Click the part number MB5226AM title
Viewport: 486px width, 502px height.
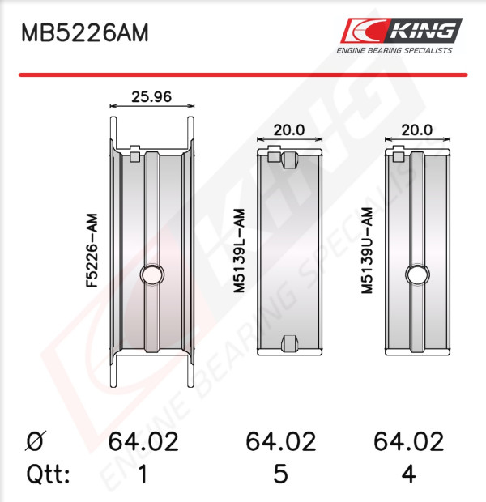point(85,32)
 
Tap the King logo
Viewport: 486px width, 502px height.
point(401,31)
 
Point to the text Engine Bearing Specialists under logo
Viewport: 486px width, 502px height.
point(394,50)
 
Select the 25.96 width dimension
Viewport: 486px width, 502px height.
point(151,96)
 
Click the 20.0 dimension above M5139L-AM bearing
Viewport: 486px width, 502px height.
point(289,130)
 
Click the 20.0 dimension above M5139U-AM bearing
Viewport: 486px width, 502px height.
point(417,130)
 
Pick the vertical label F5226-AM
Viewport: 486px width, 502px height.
point(92,251)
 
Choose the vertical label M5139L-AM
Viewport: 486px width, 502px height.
point(239,251)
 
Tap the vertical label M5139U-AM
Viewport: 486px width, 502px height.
point(367,251)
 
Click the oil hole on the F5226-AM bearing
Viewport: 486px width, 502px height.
point(152,274)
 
